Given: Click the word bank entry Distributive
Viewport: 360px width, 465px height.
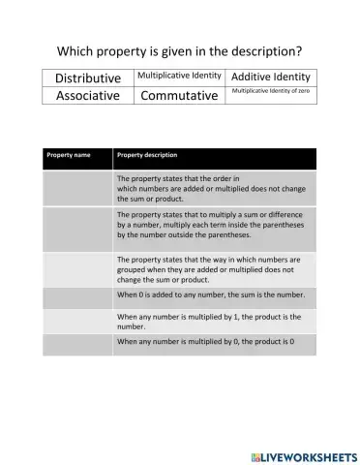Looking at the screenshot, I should pyautogui.click(x=88, y=77).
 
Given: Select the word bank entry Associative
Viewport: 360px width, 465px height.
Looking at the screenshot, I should pyautogui.click(x=88, y=96).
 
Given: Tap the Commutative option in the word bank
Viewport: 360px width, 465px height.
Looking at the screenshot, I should pyautogui.click(x=180, y=96).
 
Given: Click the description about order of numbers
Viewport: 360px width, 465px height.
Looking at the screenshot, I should pyautogui.click(x=213, y=188).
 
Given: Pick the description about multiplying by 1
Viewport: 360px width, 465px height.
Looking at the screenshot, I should pyautogui.click(x=213, y=322).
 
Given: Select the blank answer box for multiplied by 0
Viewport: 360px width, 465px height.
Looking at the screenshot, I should pyautogui.click(x=76, y=342).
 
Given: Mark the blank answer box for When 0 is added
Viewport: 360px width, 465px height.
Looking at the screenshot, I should pyautogui.click(x=76, y=294).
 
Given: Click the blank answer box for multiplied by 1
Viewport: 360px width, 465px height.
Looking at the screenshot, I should pyautogui.click(x=76, y=322).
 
